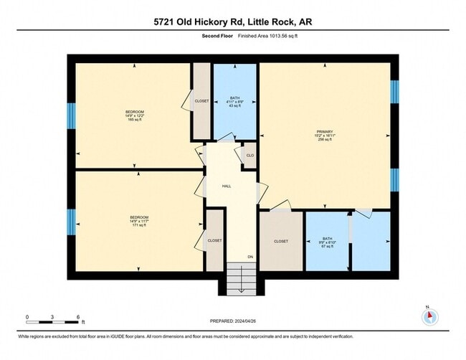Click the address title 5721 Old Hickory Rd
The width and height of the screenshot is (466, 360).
232,22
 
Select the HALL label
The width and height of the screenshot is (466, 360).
227,186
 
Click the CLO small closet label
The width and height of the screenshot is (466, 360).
250,156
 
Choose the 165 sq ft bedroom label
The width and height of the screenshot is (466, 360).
135,115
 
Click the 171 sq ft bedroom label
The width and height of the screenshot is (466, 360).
138,221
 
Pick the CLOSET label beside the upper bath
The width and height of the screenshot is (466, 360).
201,101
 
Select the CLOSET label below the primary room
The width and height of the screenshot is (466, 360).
281,241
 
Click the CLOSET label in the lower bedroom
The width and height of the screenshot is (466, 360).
214,240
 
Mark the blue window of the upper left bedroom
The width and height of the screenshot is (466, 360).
71,115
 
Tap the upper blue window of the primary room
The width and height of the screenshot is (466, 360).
394,93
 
